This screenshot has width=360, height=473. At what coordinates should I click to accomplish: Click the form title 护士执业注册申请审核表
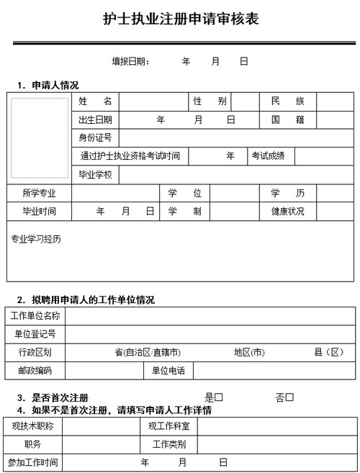point(180,19)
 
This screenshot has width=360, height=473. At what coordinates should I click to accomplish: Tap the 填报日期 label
point(130,62)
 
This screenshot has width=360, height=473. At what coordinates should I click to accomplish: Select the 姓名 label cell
point(95,102)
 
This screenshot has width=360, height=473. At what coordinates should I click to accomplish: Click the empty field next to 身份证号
point(237,138)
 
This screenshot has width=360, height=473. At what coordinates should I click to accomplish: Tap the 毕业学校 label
point(95,175)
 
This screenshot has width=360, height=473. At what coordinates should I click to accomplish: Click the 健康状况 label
point(287,212)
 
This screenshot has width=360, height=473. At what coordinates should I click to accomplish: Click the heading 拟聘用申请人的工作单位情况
point(93,299)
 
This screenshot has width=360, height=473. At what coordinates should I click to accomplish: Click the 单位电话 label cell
point(168,371)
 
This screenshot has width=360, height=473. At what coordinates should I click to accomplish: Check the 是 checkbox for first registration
point(219,397)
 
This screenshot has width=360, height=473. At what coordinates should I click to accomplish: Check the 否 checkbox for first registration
point(289,397)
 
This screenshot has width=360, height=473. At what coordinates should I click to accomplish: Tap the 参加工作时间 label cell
point(32,462)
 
